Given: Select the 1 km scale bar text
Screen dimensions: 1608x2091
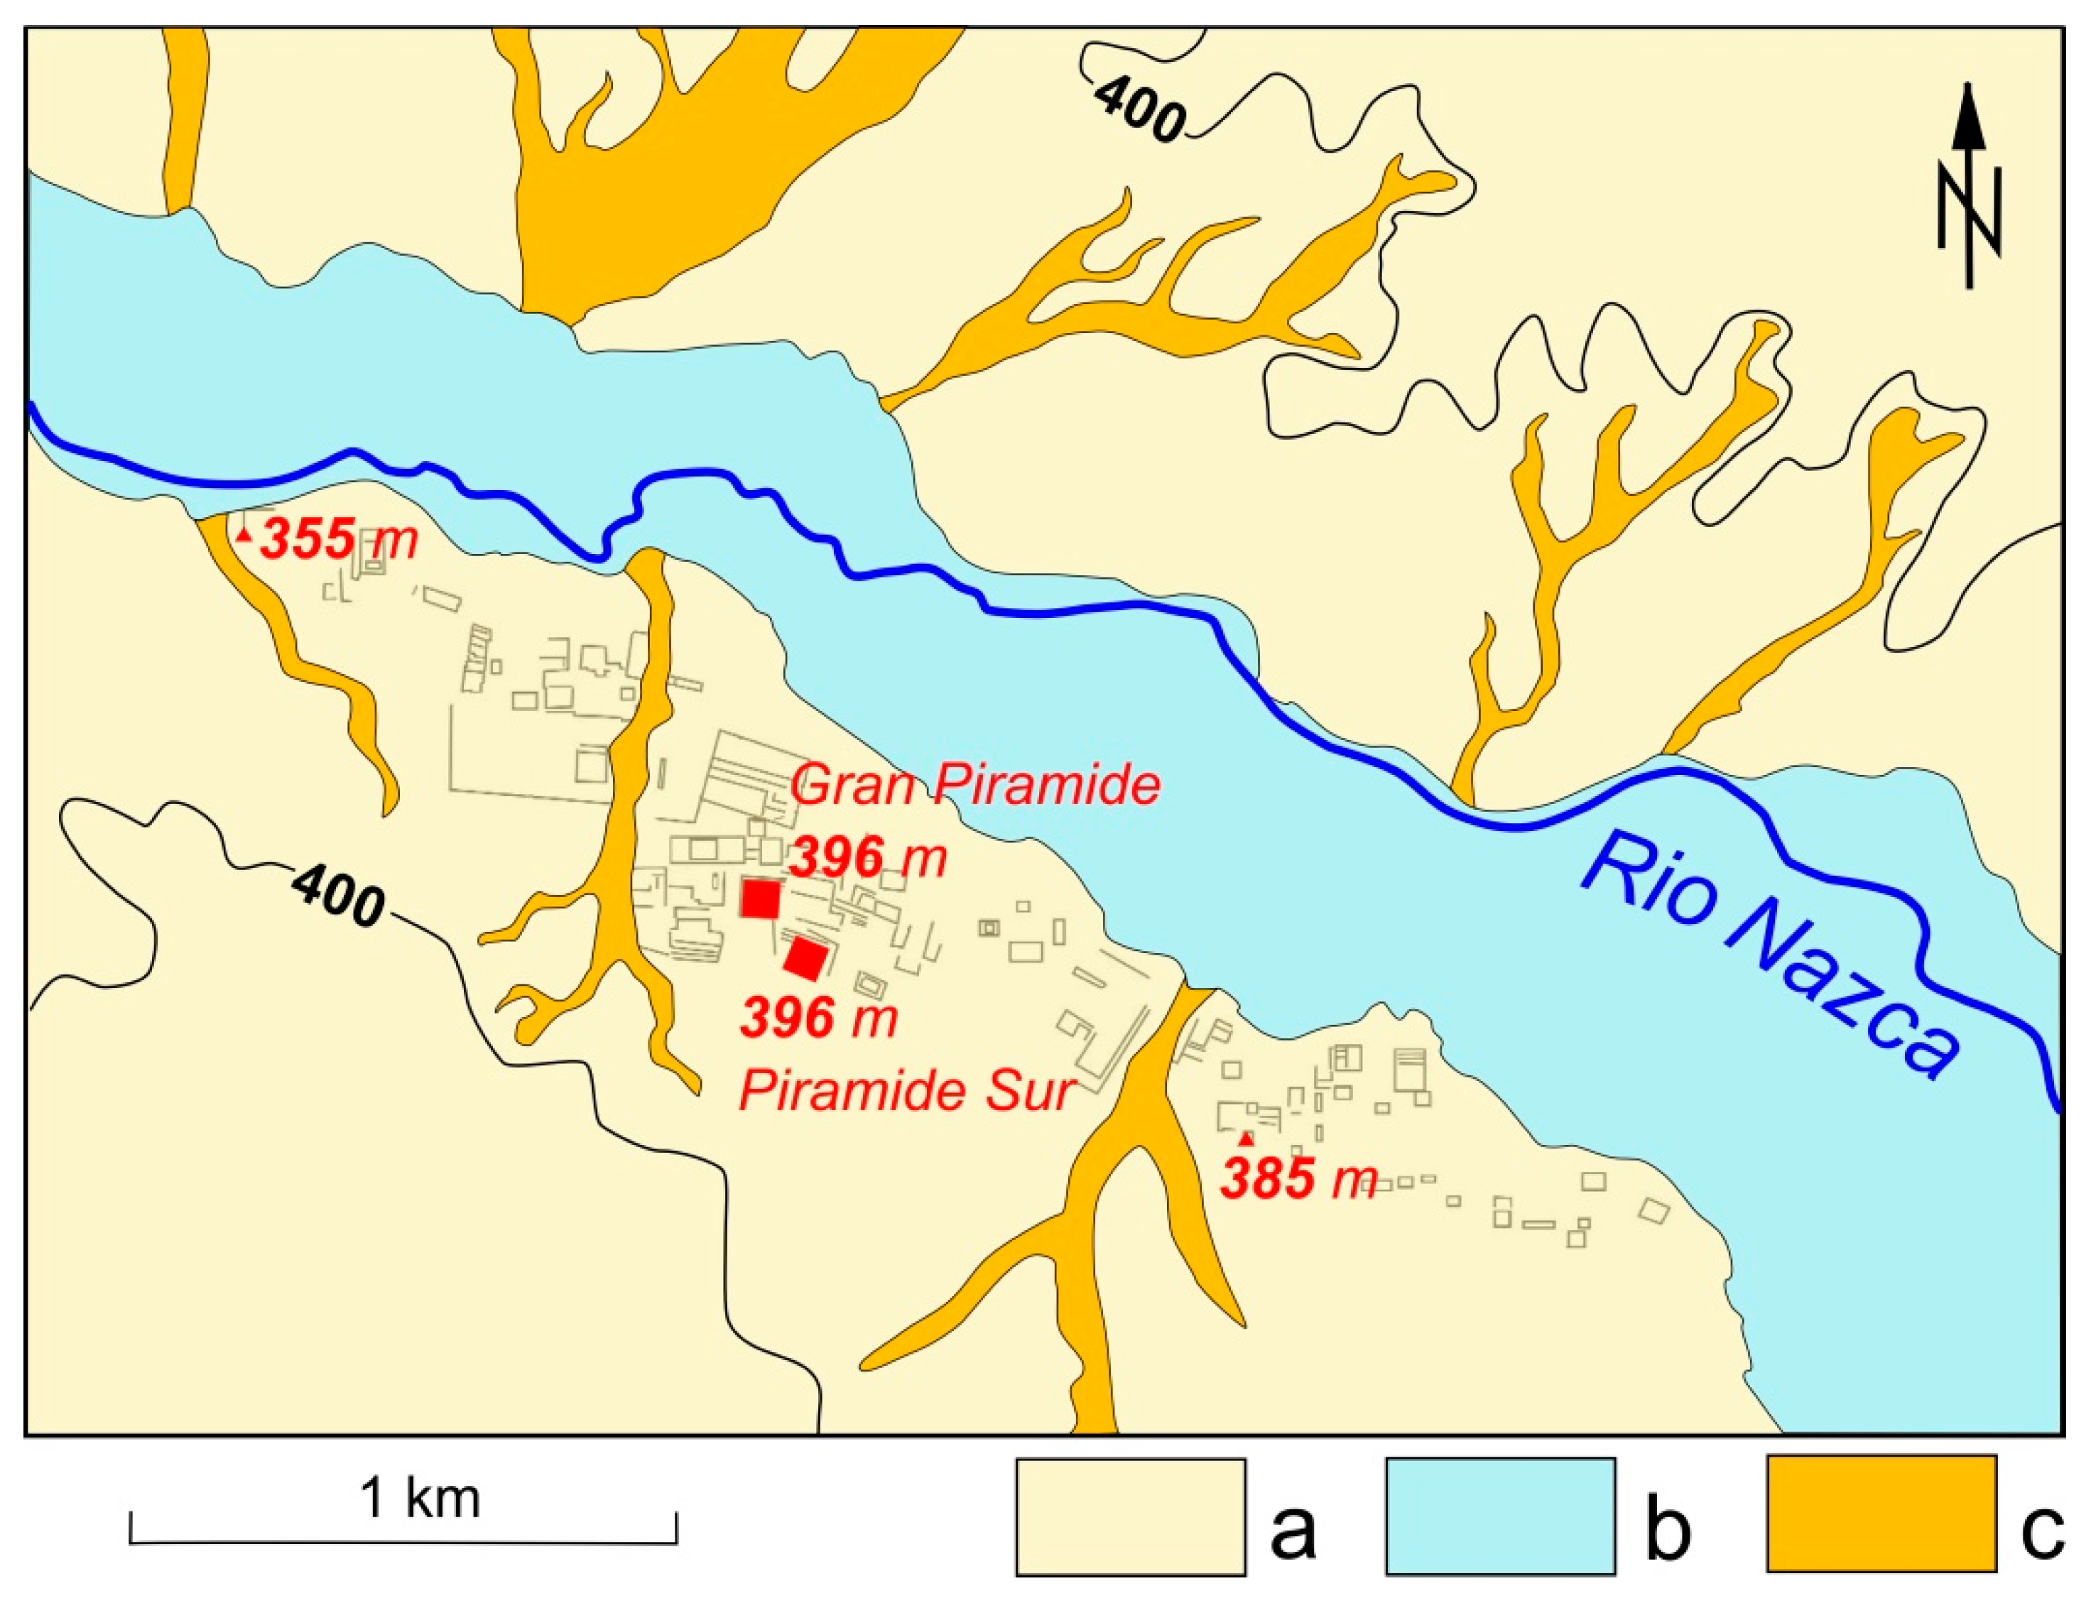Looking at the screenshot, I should (419, 1499).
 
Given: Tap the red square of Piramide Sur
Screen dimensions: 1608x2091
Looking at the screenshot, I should (807, 958).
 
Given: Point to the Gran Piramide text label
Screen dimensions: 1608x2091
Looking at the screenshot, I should (976, 786).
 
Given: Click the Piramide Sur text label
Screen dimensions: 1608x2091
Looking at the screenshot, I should (907, 1090).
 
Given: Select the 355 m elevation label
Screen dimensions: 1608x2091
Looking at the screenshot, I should (340, 539).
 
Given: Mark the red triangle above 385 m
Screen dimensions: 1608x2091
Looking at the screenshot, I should (1246, 1138).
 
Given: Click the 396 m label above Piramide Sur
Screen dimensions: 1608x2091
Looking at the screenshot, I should (818, 1018).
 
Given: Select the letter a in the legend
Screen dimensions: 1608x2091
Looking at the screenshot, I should (1293, 1529).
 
